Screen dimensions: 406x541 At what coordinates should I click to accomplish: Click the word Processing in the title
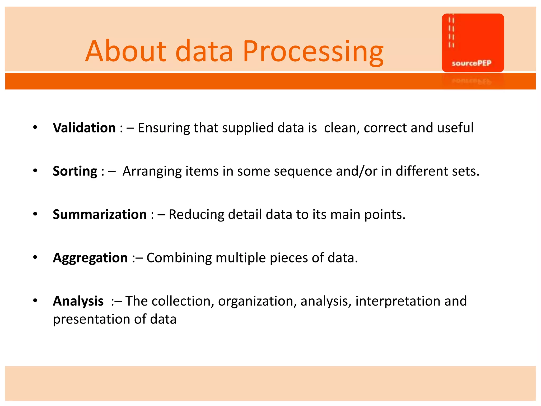coord(313,52)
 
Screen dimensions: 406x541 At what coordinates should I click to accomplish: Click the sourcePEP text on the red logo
coord(471,63)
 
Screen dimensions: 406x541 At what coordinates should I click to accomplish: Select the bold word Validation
coord(84,128)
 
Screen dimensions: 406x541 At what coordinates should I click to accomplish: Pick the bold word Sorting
coord(75,171)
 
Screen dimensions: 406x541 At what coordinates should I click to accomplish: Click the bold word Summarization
coord(100,214)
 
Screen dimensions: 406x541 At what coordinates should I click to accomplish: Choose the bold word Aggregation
coord(90,258)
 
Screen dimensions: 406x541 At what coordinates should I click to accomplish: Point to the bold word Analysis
coord(78,301)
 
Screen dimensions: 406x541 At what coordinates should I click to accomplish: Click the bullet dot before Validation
coord(35,128)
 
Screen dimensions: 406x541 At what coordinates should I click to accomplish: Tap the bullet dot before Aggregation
coord(35,257)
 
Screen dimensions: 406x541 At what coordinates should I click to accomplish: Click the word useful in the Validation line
coord(455,128)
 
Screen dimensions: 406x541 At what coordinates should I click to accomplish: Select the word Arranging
coord(152,171)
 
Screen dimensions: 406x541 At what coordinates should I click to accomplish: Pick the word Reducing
coord(196,214)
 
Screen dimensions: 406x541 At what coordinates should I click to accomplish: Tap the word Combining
coord(179,258)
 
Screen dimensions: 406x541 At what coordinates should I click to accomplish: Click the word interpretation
coord(398,301)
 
